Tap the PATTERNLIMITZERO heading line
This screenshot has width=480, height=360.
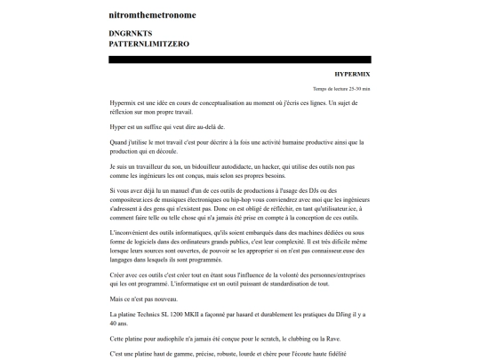coord(148,44)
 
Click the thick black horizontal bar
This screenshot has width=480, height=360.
coord(240,60)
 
